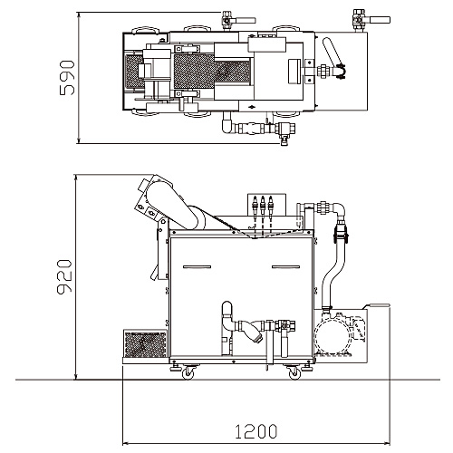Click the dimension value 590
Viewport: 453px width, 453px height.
(67, 78)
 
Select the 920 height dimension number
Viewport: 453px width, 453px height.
(64, 276)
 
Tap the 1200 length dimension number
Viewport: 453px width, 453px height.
(256, 431)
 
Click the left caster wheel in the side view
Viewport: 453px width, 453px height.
(188, 373)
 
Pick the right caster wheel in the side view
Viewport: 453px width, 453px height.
(294, 373)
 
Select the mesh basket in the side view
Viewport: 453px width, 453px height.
(145, 343)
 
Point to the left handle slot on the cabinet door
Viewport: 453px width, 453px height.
(197, 267)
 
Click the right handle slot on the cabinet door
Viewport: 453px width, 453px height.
(285, 267)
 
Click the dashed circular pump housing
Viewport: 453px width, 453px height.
(332, 334)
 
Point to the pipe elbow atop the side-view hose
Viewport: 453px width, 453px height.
(339, 211)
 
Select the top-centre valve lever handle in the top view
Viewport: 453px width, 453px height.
(245, 21)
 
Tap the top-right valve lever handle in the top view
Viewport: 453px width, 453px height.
(379, 20)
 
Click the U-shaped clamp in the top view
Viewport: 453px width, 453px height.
(342, 72)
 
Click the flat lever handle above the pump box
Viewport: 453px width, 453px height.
(379, 305)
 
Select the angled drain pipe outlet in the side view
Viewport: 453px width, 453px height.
(253, 333)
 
